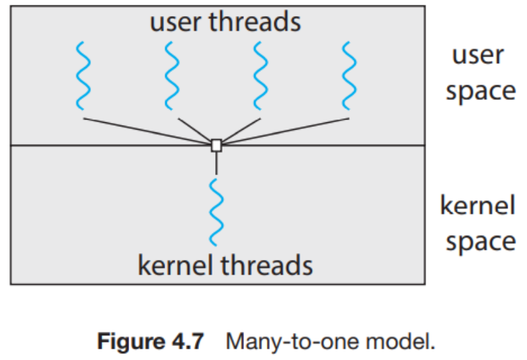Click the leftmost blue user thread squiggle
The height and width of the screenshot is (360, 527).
coord(81,75)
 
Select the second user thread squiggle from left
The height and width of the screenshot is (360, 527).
coord(172,75)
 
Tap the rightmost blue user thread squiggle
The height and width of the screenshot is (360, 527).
coord(348,75)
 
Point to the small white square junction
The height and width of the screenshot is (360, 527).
coord(216,145)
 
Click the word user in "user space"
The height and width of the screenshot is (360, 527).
coord(477,55)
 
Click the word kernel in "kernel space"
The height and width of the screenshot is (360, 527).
coord(477,205)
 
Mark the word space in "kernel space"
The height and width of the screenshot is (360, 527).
coord(480,241)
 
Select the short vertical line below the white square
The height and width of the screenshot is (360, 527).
coord(216,162)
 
